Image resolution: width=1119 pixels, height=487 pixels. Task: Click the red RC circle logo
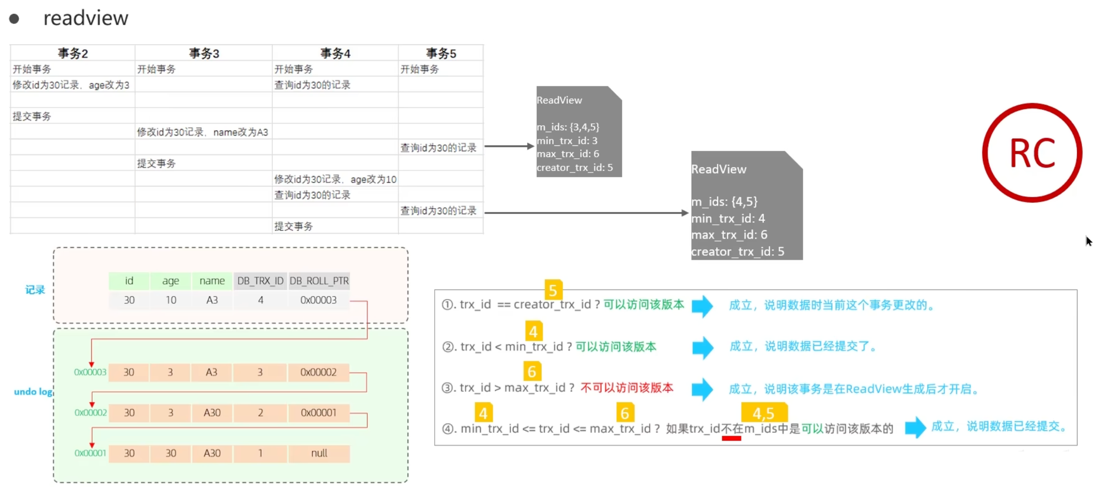(1032, 153)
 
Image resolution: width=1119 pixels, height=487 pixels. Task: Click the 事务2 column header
(73, 53)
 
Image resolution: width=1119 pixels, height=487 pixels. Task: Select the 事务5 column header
(441, 53)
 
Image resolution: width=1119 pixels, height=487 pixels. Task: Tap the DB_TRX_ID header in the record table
(261, 281)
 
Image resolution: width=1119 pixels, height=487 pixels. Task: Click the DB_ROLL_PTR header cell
(319, 281)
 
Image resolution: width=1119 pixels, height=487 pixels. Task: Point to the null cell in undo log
(319, 453)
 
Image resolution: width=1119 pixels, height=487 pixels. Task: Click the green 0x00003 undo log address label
(90, 372)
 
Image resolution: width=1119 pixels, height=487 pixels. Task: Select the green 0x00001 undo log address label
(90, 453)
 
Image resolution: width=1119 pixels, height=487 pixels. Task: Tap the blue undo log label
(33, 392)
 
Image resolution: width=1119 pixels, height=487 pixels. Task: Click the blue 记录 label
(35, 290)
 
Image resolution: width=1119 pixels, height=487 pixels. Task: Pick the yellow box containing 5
(553, 290)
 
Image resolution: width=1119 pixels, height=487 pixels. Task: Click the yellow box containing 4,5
(764, 413)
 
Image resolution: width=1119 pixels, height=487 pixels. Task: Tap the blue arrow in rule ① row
(703, 306)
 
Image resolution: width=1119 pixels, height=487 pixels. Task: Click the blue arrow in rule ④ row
(916, 427)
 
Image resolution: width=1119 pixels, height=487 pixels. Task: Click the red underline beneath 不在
(731, 438)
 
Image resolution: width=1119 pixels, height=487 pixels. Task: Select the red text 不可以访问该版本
(627, 388)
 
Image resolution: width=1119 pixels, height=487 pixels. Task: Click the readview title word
(86, 18)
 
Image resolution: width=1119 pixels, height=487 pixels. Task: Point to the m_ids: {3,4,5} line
(568, 127)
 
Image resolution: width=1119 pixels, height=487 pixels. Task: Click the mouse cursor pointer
(1088, 241)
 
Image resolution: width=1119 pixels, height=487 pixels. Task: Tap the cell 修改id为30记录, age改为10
(336, 179)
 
